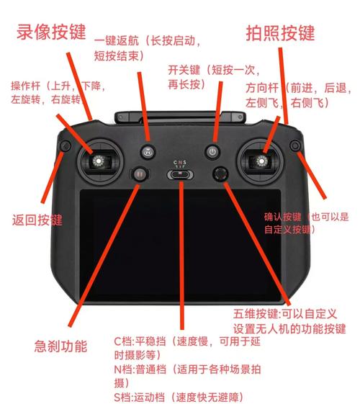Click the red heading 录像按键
(51, 32)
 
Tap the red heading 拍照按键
(280, 33)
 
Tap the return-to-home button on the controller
(148, 151)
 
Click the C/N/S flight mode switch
(180, 174)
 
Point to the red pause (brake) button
(138, 173)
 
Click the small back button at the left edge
(64, 148)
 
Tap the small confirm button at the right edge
(294, 148)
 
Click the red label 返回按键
(37, 220)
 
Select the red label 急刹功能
(60, 346)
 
